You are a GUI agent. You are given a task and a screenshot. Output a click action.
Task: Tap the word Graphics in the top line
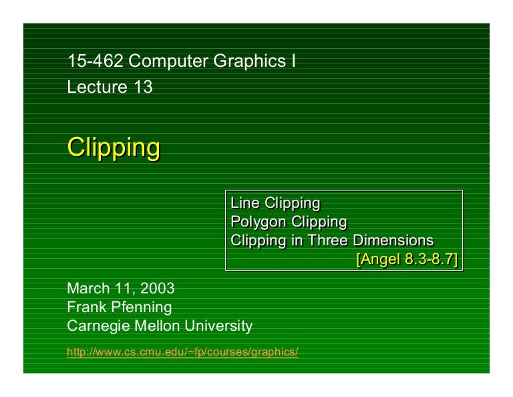click(x=248, y=62)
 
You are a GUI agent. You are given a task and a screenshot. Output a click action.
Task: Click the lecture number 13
click(x=143, y=87)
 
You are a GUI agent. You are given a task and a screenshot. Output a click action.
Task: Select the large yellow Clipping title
click(x=113, y=147)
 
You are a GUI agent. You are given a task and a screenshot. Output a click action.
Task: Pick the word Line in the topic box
click(x=244, y=203)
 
